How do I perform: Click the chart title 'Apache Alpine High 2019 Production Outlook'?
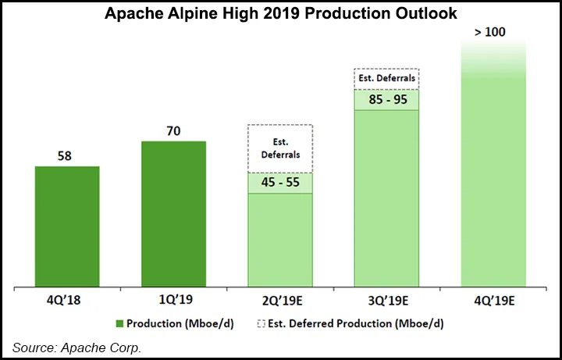click(x=283, y=14)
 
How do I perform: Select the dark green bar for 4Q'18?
click(x=67, y=226)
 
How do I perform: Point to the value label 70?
click(x=173, y=130)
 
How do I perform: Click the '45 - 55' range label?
click(x=279, y=183)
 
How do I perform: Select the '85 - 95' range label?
click(x=386, y=100)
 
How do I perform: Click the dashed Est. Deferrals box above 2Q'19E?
click(x=279, y=148)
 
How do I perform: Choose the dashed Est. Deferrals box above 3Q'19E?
click(x=386, y=79)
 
